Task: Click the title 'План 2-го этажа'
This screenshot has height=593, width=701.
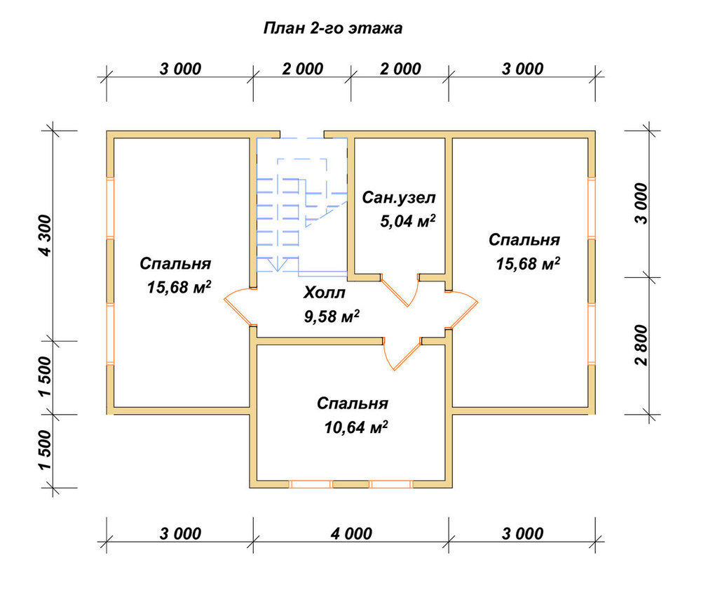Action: click(332, 28)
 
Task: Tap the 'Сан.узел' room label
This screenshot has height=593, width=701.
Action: click(398, 197)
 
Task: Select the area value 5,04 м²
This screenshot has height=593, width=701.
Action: click(408, 221)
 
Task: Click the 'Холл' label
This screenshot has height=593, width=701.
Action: click(325, 293)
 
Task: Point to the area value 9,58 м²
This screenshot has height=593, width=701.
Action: click(332, 317)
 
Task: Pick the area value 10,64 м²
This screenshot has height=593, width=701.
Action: click(356, 427)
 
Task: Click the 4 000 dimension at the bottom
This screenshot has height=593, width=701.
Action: click(351, 533)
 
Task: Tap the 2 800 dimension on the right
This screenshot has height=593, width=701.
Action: click(641, 345)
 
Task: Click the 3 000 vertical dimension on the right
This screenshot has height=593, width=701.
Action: click(641, 204)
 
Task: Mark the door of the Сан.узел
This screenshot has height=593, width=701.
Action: click(400, 290)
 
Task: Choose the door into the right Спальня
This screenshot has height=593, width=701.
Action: click(462, 309)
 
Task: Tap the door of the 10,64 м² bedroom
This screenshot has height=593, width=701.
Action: click(402, 354)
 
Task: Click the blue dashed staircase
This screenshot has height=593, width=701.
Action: click(301, 205)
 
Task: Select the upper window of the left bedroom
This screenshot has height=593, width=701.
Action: click(110, 207)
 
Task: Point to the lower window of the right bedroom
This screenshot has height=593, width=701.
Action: click(592, 334)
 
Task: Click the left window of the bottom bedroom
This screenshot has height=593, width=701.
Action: click(311, 484)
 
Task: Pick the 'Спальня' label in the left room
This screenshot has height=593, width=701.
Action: click(175, 264)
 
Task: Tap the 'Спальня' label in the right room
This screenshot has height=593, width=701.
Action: click(524, 240)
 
